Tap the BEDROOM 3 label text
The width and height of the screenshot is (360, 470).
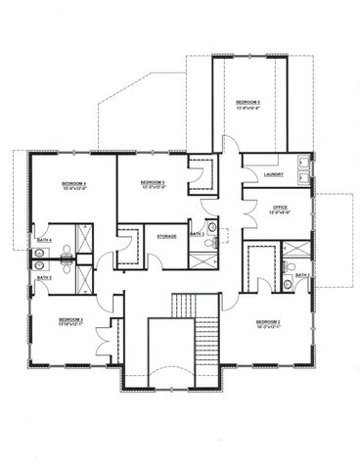pos(70,319)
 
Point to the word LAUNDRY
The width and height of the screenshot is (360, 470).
pos(275,174)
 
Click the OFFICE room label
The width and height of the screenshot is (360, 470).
pos(278,207)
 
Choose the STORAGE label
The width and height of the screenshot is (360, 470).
pos(165,235)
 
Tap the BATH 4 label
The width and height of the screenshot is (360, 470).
pos(43,239)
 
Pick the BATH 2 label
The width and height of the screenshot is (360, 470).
pos(303,275)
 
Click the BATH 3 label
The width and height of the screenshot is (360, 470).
pos(196,234)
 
